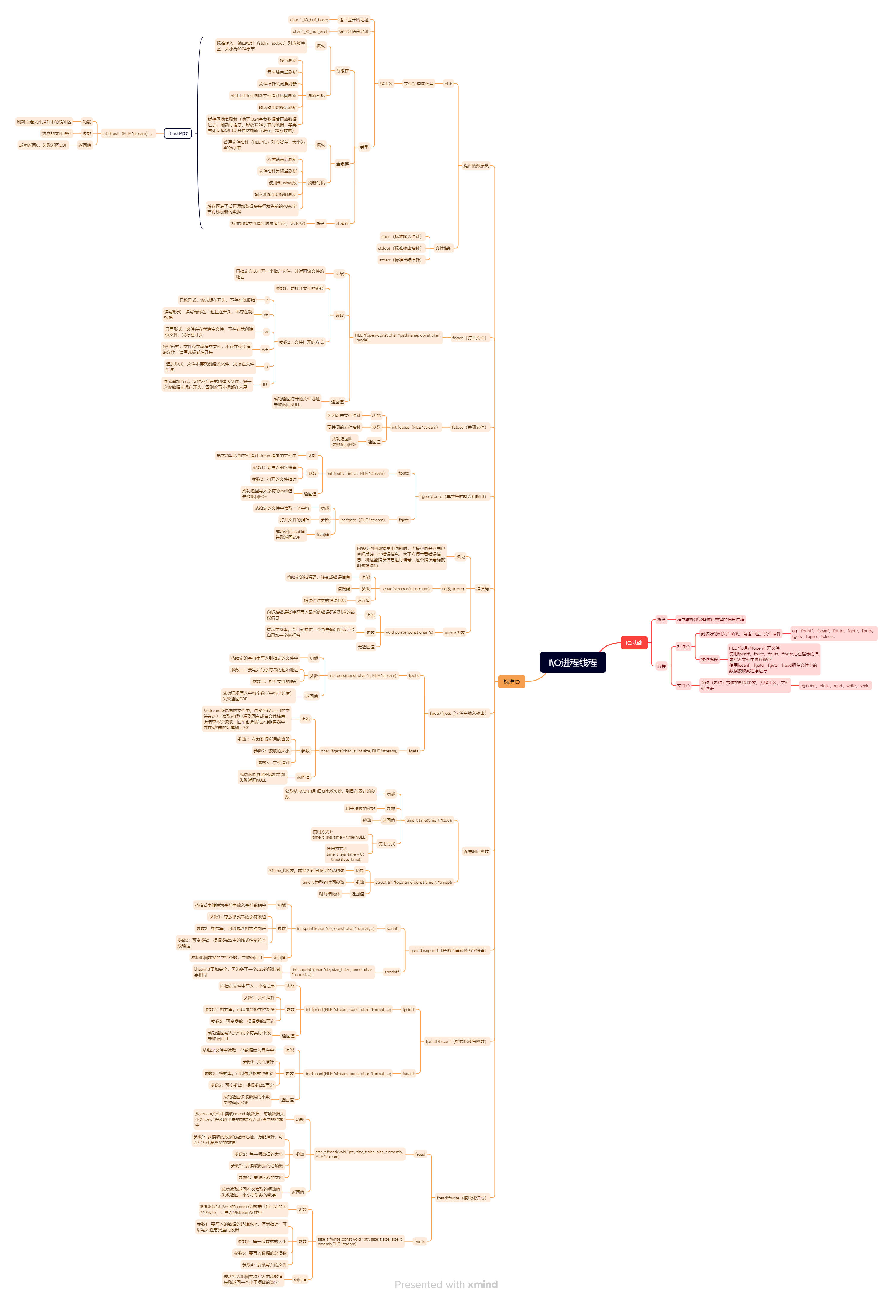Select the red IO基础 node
tap(634, 642)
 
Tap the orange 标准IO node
tap(511, 682)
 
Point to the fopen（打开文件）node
tap(469, 338)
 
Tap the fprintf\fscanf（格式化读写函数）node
tap(456, 1041)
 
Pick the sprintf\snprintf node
tap(448, 950)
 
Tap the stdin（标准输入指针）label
tap(401, 237)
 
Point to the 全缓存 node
tap(342, 164)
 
